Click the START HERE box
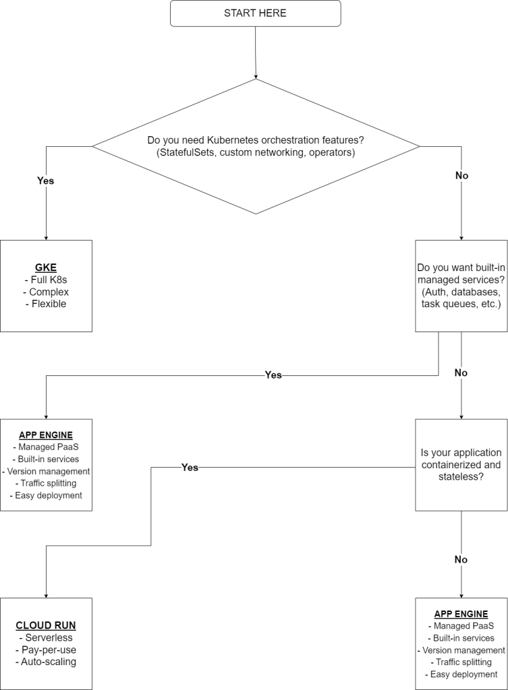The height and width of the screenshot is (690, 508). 255,13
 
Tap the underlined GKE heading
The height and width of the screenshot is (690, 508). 46,266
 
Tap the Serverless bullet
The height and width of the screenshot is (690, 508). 46,637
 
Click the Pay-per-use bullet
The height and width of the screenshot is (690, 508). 46,650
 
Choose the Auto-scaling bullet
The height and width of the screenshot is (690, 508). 46,662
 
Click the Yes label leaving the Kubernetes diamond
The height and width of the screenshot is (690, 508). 45,181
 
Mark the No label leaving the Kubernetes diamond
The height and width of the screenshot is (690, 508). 462,175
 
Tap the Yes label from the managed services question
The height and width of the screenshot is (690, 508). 273,375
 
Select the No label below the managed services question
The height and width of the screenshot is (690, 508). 461,373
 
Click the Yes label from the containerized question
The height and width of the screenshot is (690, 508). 190,467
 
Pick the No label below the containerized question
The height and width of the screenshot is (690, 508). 461,559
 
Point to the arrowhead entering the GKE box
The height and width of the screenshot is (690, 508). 46,237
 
